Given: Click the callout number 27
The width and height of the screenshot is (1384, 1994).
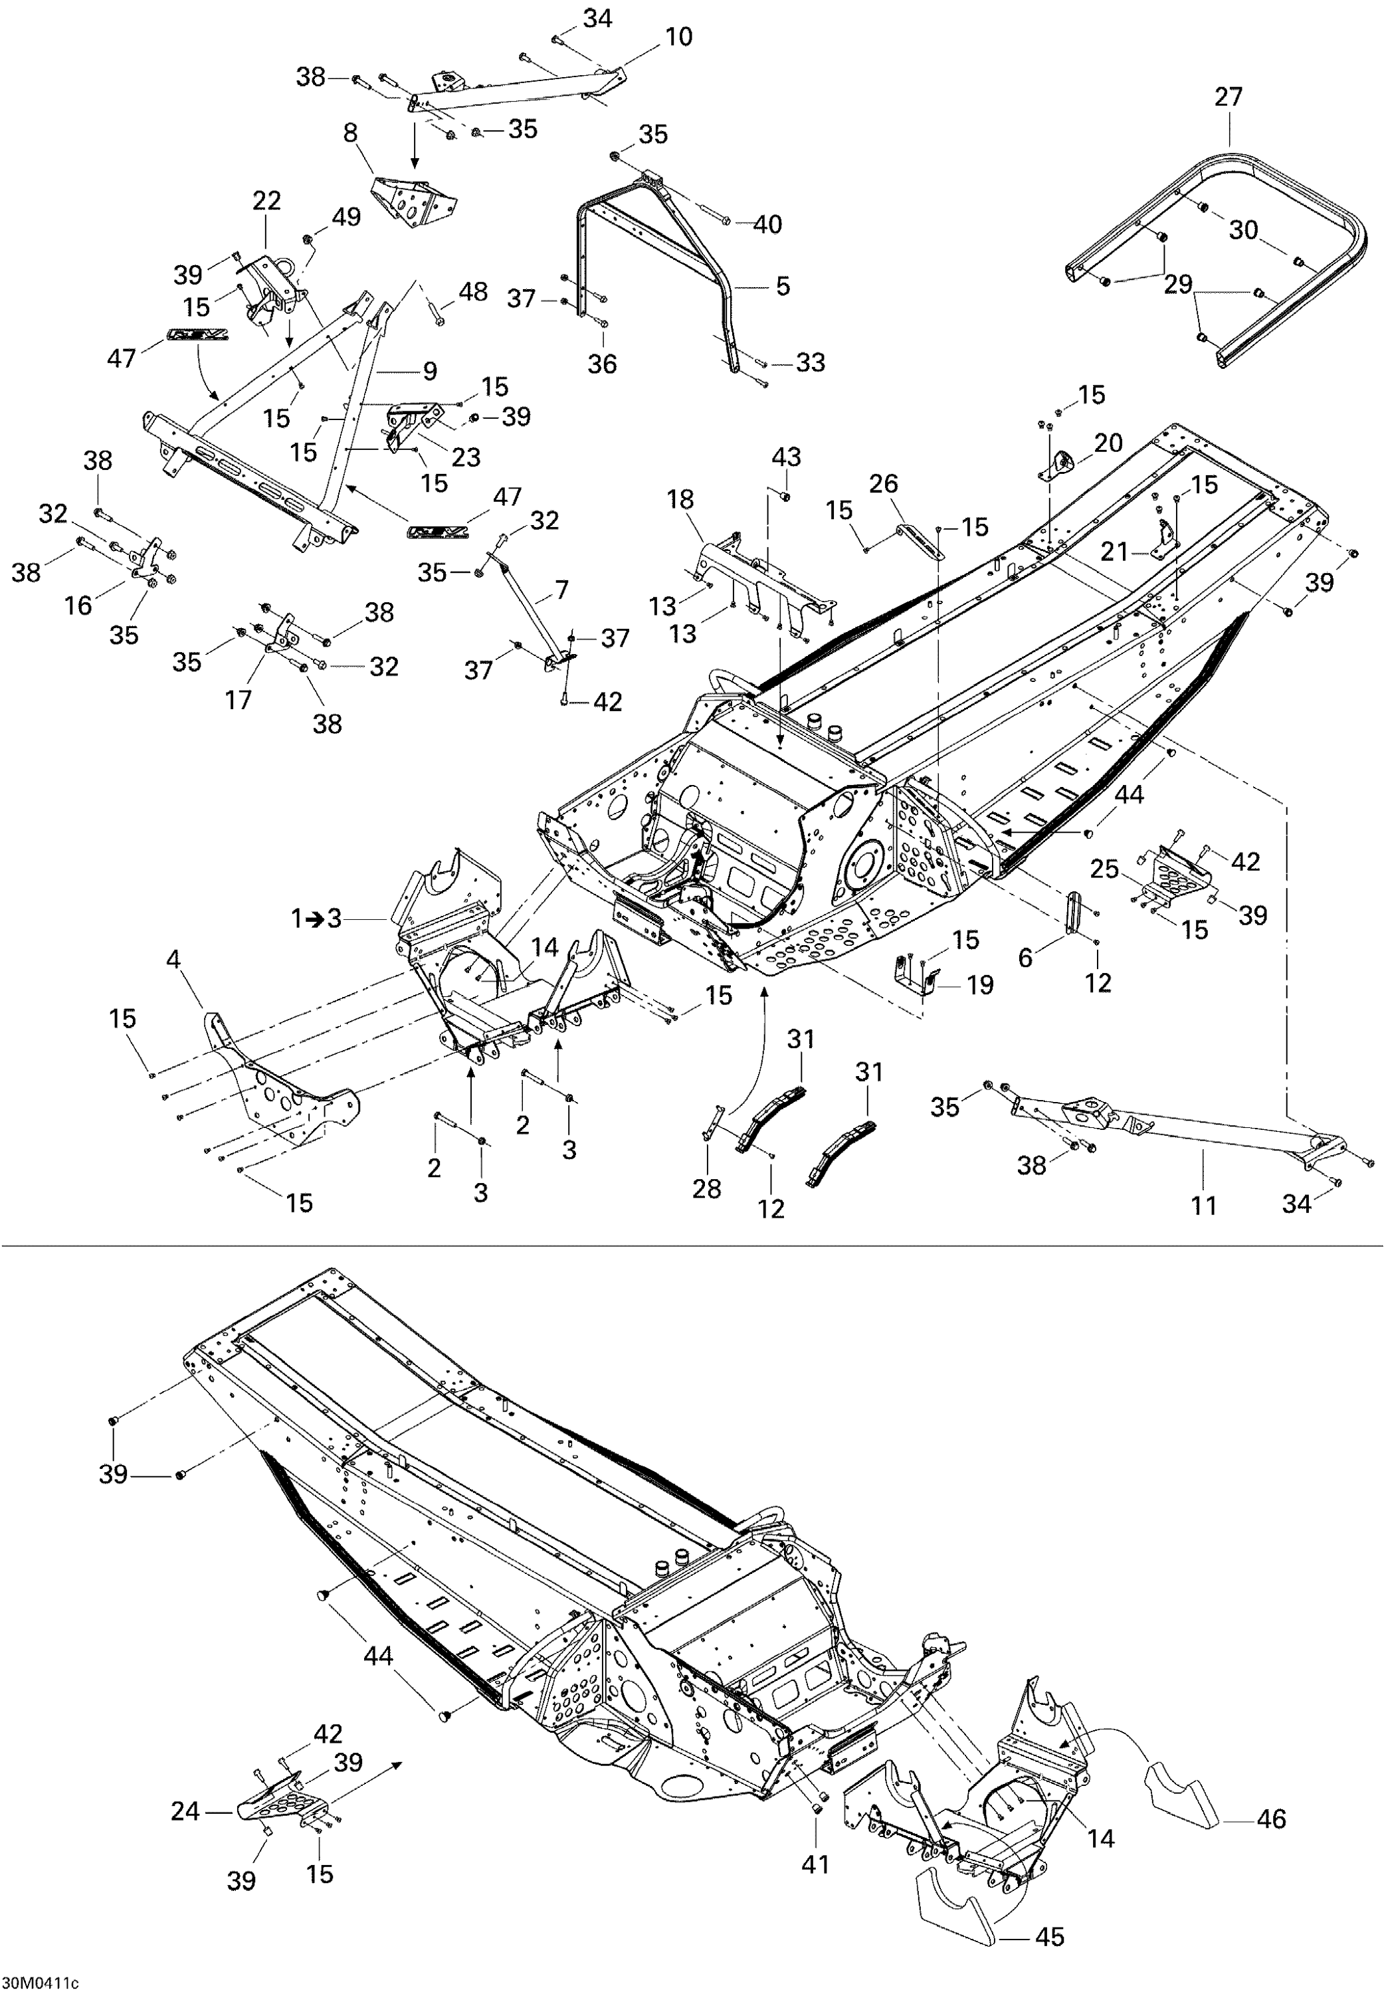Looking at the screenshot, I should pyautogui.click(x=1229, y=97).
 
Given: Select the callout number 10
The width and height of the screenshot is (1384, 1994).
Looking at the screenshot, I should pyautogui.click(x=679, y=37).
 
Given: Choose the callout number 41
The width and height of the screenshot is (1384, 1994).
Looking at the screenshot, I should pyautogui.click(x=816, y=1863).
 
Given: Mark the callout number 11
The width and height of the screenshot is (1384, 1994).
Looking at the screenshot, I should pyautogui.click(x=1204, y=1205).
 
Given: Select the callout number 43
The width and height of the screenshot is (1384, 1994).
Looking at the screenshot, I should pyautogui.click(x=787, y=457).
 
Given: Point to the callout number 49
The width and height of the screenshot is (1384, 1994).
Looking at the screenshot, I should pyautogui.click(x=347, y=217).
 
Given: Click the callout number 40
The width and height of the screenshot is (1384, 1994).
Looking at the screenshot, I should pyautogui.click(x=767, y=225).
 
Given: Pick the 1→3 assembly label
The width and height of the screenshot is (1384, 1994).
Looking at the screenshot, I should pyautogui.click(x=316, y=918).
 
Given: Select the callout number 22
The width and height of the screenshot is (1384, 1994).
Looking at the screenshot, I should pyautogui.click(x=267, y=201).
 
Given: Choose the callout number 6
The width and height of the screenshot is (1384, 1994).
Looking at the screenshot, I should pyautogui.click(x=1026, y=958).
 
